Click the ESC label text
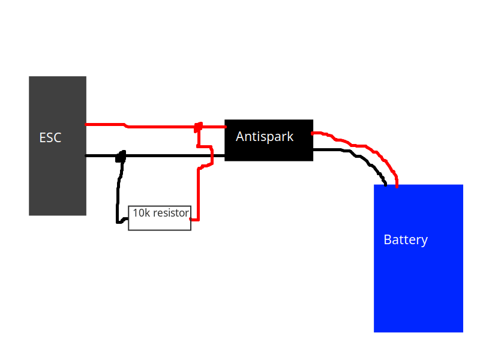[50, 138]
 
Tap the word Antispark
[265, 137]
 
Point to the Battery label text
[406, 240]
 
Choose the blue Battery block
[418, 282]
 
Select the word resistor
[171, 213]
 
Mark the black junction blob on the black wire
[121, 156]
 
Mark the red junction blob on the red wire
[197, 127]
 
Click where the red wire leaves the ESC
[88, 125]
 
